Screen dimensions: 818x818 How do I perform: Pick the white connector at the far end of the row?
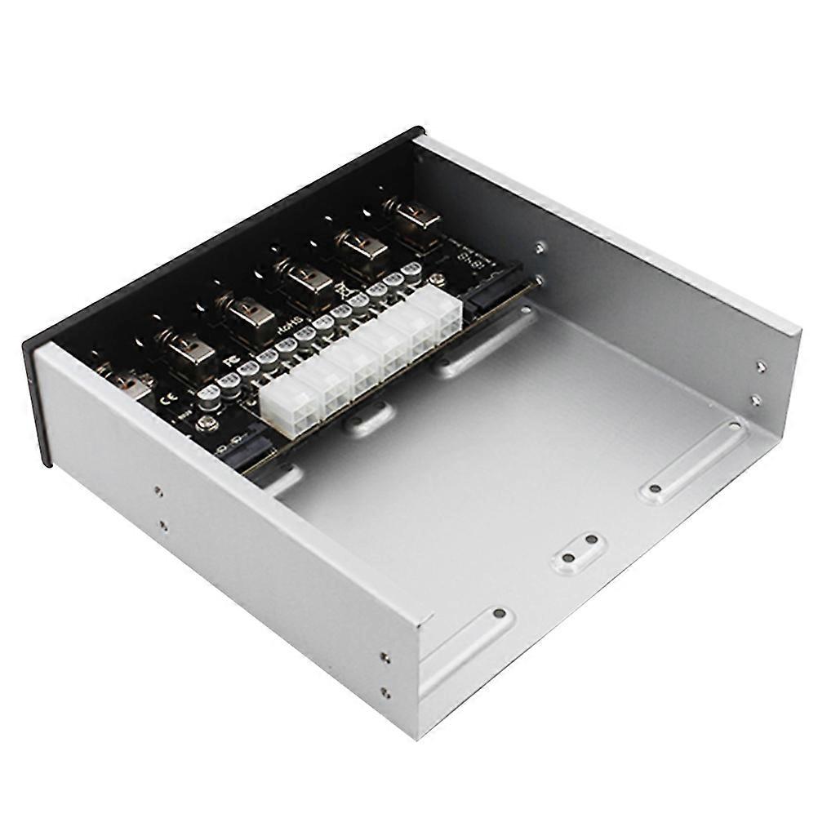tap(438, 313)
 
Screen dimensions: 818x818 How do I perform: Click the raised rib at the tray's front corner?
tap(467, 645)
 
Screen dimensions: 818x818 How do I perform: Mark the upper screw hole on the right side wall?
tap(760, 367)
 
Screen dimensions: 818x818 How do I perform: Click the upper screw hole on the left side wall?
tap(158, 491)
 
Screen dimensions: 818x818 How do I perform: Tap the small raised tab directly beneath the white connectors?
tap(368, 421)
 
